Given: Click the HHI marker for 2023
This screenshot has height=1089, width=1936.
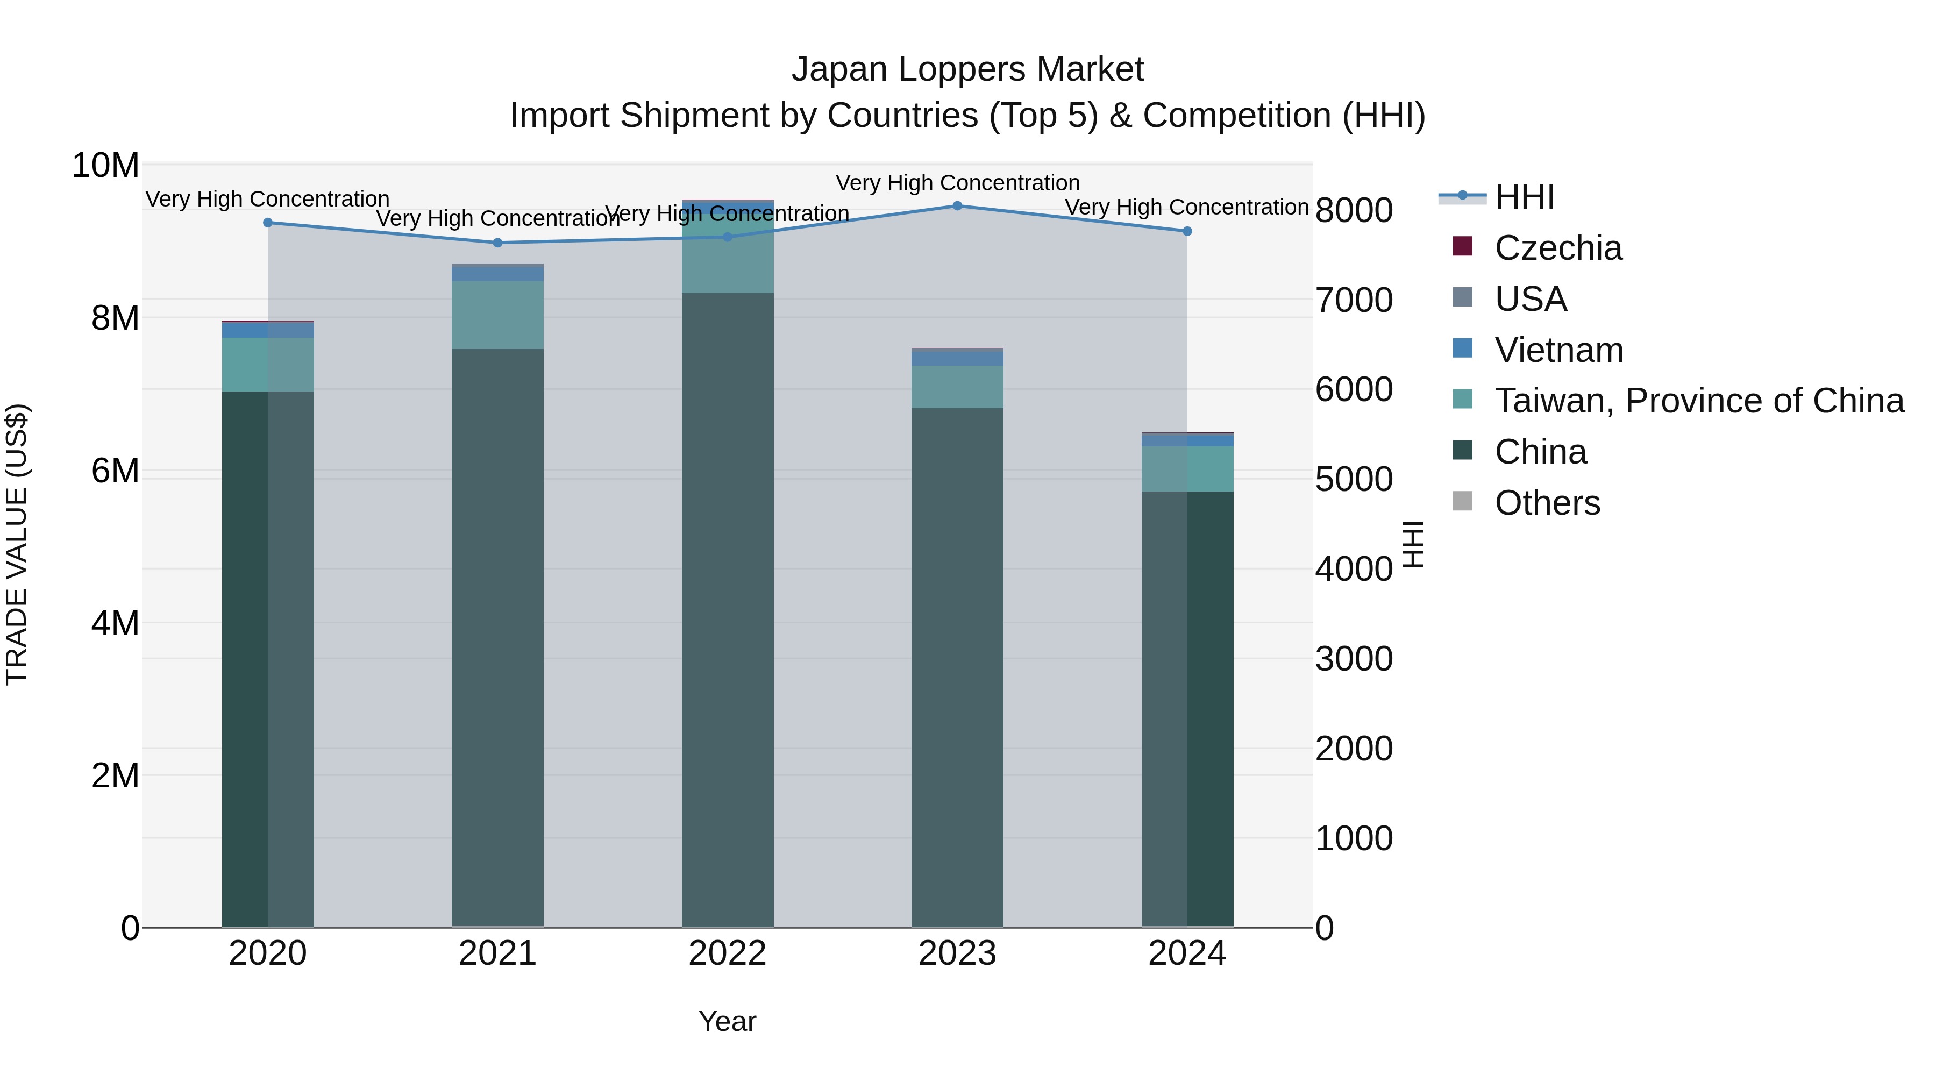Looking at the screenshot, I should pyautogui.click(x=957, y=206).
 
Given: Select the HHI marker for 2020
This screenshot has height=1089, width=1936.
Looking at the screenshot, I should pyautogui.click(x=268, y=223).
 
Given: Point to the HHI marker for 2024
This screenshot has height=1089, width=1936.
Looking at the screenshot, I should pyautogui.click(x=1187, y=231).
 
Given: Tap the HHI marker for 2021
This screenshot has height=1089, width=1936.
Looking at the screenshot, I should pyautogui.click(x=497, y=243).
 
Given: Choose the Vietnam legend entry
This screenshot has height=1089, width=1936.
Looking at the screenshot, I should pyautogui.click(x=1558, y=350).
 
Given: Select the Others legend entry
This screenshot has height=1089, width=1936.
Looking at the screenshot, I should pyautogui.click(x=1547, y=503).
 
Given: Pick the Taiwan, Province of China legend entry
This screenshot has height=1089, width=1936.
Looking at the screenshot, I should pyautogui.click(x=1698, y=401).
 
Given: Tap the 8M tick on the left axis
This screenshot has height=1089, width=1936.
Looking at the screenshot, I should pyautogui.click(x=115, y=318).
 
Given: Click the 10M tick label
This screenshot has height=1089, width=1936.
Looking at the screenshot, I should pyautogui.click(x=105, y=165).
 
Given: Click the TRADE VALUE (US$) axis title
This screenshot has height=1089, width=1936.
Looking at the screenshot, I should pyautogui.click(x=17, y=544).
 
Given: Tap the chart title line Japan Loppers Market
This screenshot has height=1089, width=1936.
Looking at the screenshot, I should pyautogui.click(x=967, y=69).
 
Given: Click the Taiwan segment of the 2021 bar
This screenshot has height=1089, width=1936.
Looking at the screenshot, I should pyautogui.click(x=497, y=315).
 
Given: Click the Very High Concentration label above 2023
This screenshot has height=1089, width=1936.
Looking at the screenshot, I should pyautogui.click(x=957, y=183).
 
